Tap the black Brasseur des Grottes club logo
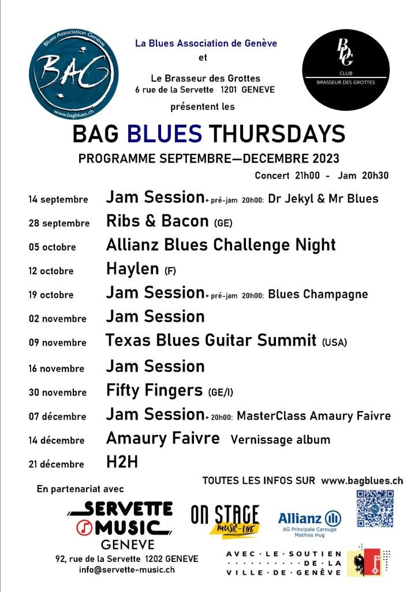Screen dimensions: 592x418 (346, 70)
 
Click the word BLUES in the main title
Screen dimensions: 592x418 (165, 134)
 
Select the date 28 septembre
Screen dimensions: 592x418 (59, 223)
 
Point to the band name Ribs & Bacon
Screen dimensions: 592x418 (157, 221)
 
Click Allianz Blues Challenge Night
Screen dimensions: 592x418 (221, 245)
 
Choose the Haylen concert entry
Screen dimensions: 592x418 (132, 269)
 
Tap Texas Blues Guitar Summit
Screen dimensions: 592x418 (211, 340)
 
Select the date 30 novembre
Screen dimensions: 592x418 (57, 393)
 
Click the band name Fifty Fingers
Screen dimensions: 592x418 (154, 390)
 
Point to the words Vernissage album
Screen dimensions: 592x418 (280, 440)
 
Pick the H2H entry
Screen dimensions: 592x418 (122, 462)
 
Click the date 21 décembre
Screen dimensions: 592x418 (56, 464)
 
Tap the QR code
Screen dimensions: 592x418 (375, 509)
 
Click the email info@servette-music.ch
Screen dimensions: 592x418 (126, 569)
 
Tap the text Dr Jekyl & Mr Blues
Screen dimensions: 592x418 (323, 199)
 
